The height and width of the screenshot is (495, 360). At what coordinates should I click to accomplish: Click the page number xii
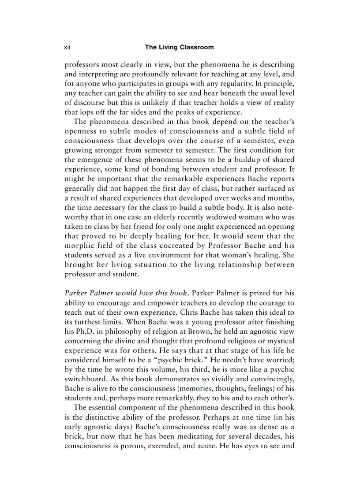coord(67,47)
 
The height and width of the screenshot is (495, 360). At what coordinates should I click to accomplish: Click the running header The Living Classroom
coord(180,47)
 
